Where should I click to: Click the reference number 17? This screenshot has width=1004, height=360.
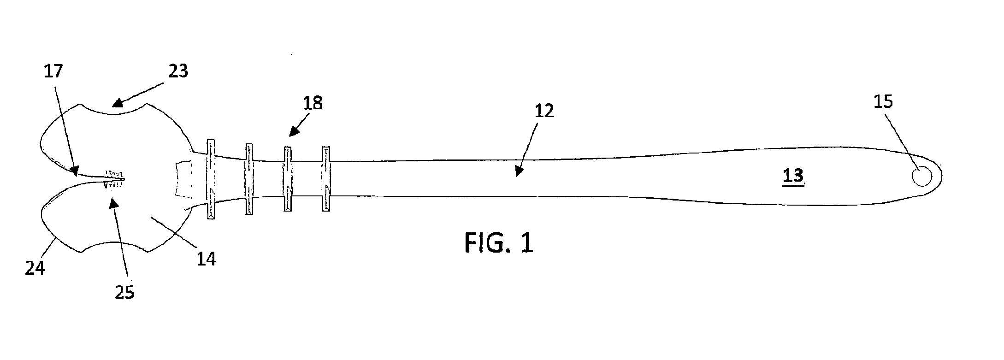pos(53,71)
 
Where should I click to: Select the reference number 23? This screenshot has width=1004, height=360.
pos(178,71)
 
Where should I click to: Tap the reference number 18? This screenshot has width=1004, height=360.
pos(313,103)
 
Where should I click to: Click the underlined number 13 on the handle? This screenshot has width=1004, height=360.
pos(793,176)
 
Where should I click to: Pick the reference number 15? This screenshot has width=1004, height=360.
pos(883,101)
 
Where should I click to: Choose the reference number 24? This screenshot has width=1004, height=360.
pos(35,268)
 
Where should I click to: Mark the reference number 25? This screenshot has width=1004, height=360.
pos(124,292)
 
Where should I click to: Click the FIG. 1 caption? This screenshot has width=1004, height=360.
pos(499,242)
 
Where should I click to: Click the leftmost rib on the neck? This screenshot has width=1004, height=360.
pos(211,179)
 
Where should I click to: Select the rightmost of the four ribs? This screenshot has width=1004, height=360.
pos(326,179)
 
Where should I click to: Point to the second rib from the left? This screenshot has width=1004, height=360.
pos(249,179)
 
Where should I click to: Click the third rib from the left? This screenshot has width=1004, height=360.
pos(288,179)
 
